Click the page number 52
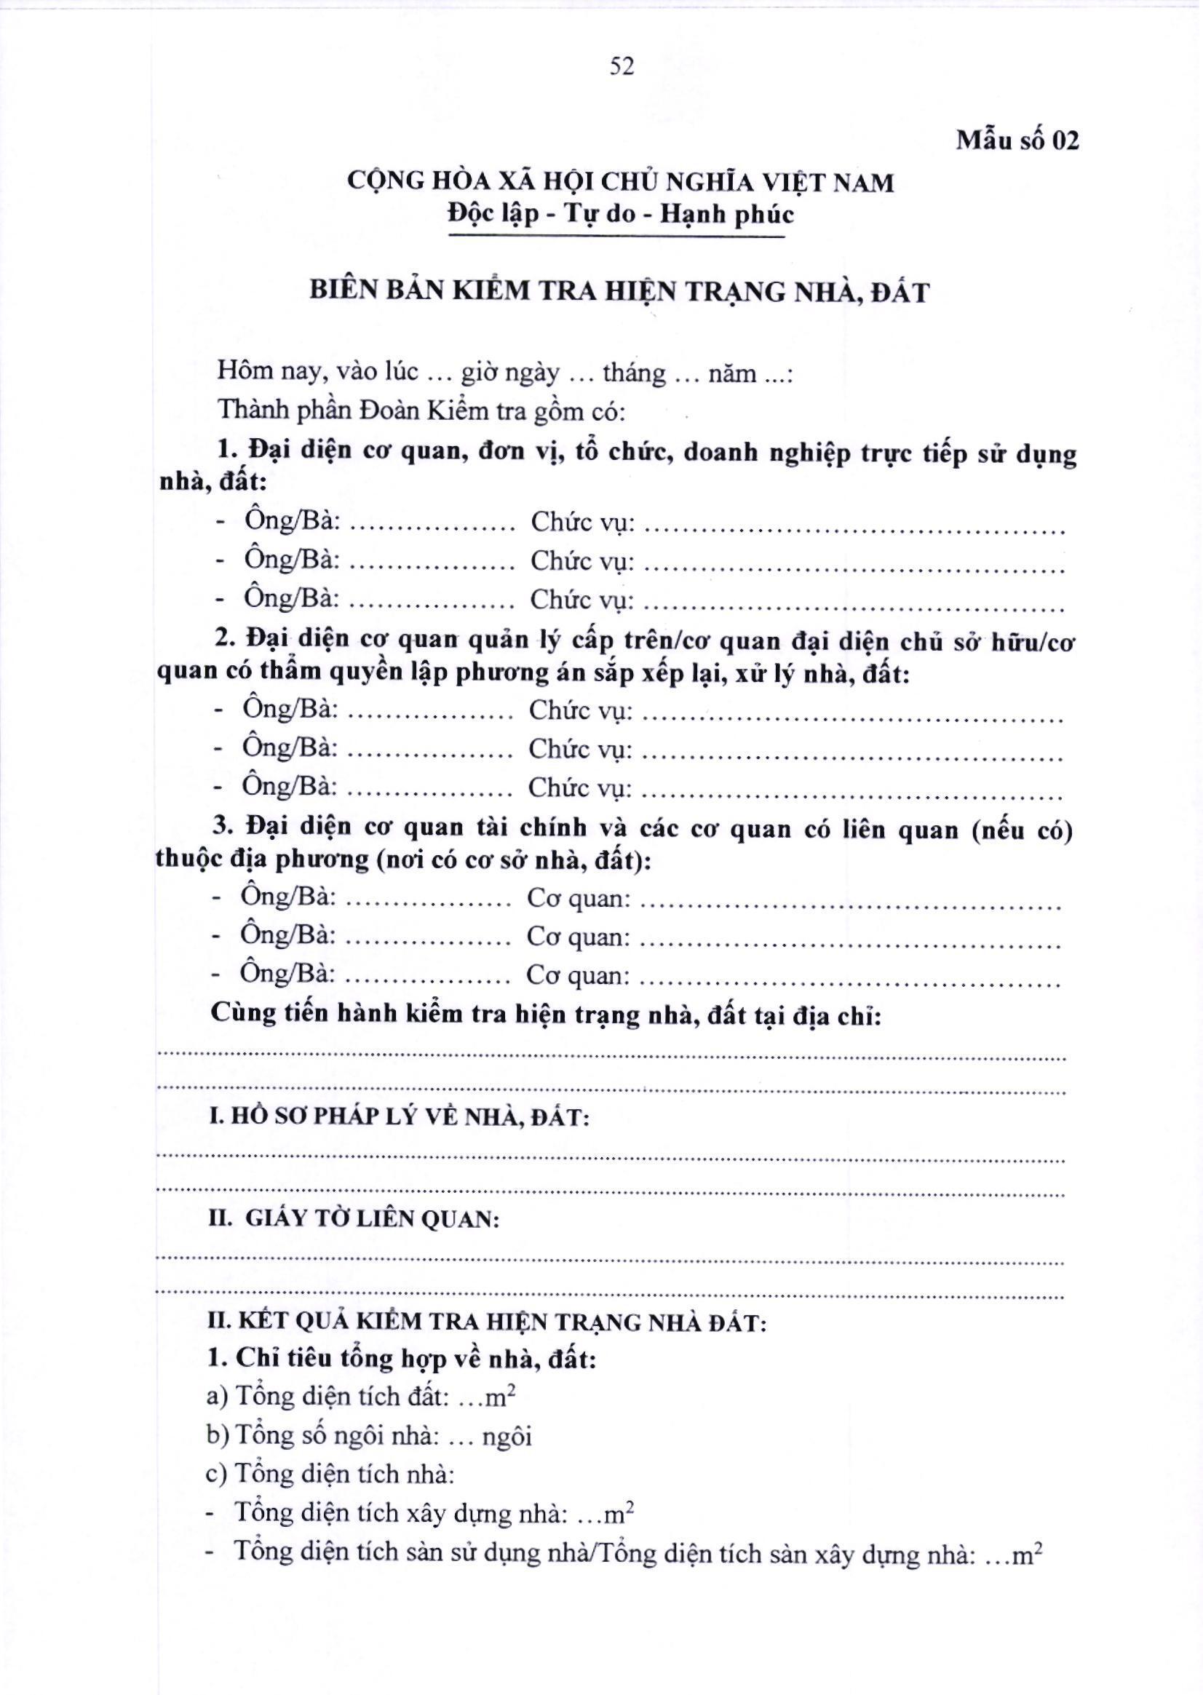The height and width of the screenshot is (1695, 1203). point(622,67)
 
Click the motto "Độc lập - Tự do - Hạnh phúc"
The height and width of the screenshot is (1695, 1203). point(621,214)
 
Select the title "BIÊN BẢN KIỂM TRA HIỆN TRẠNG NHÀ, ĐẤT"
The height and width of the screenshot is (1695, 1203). point(619,291)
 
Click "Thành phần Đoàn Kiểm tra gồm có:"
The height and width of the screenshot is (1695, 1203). point(421,410)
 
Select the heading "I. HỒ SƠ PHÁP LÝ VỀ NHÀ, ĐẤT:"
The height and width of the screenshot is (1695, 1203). point(400,1116)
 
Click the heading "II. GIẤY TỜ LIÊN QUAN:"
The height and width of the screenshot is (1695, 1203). point(354,1218)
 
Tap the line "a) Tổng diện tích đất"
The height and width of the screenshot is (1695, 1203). point(362,1397)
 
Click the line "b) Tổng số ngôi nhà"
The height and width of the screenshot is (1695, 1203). point(369,1436)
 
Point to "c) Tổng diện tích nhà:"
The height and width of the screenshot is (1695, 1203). point(330,1474)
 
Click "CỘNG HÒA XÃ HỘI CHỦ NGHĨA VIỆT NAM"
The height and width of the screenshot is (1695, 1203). point(621,181)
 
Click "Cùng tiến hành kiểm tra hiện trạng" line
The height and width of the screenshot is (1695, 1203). point(546,1015)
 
